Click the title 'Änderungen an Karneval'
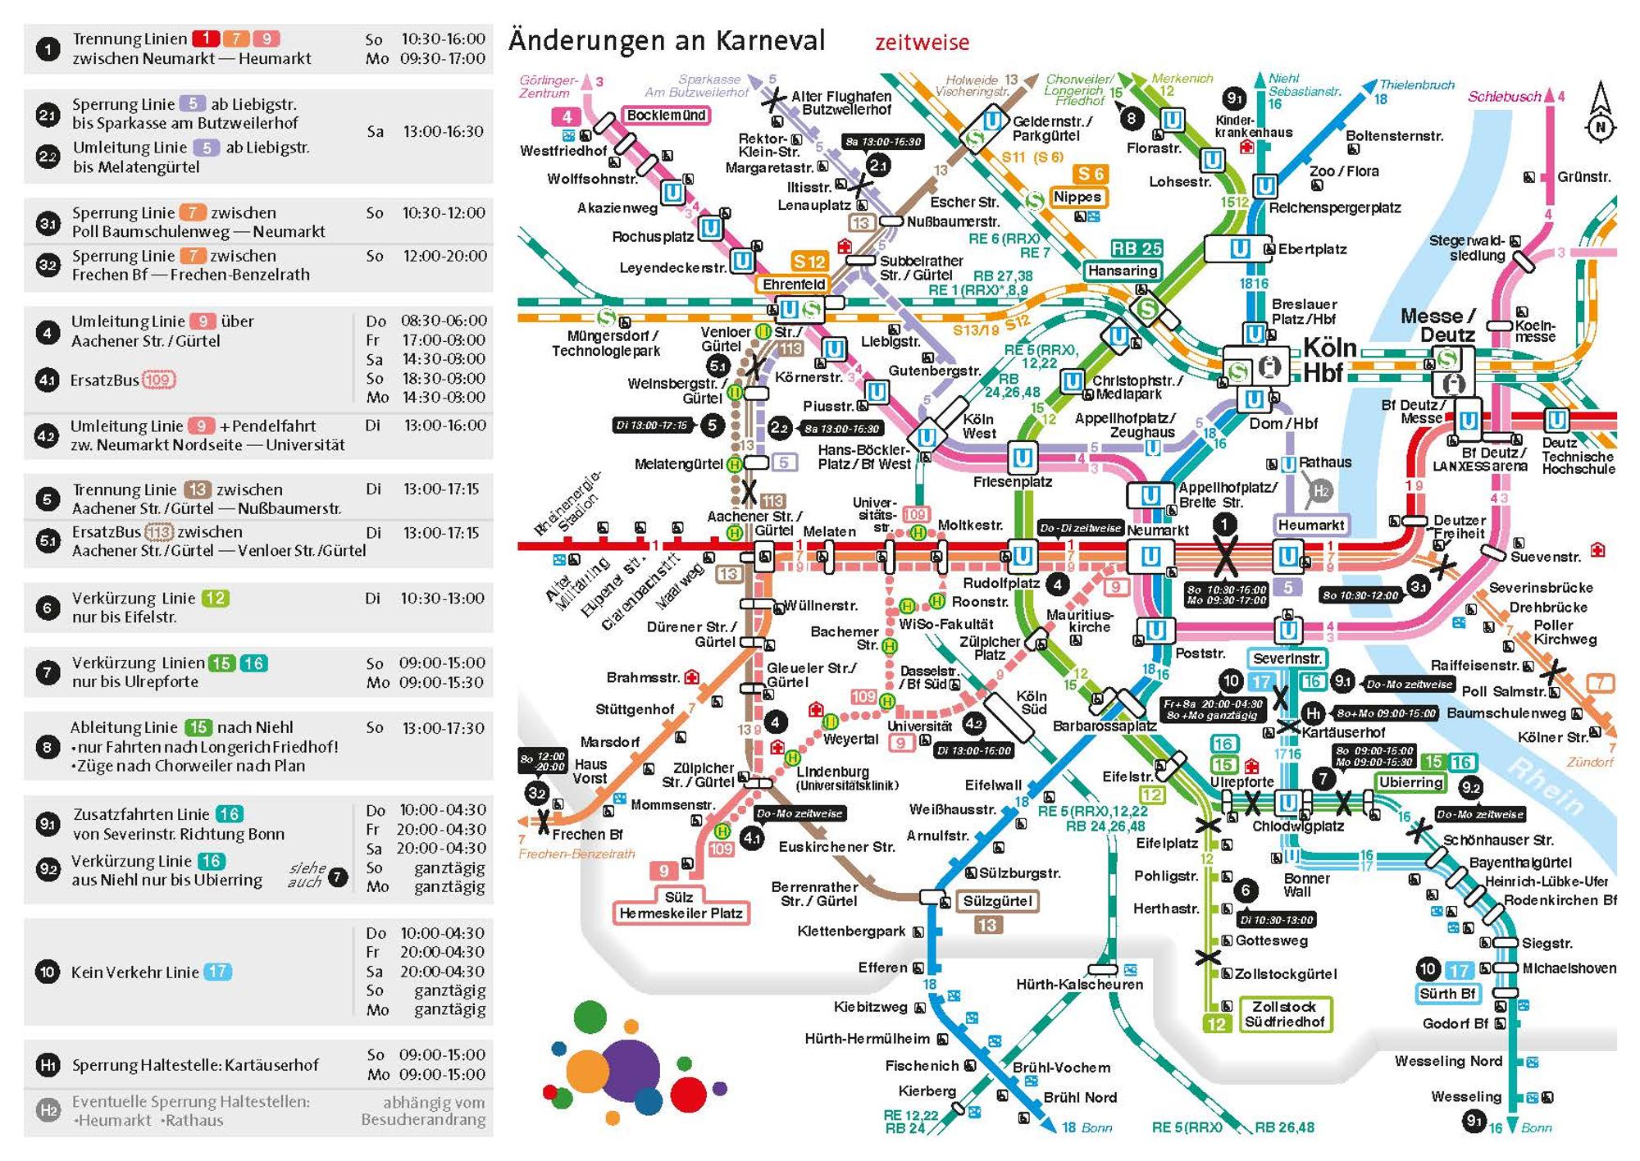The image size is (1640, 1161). (x=667, y=40)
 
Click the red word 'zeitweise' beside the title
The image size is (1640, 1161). (x=922, y=43)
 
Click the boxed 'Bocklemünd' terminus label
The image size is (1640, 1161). (x=666, y=116)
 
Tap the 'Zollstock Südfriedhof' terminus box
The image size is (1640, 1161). (x=1284, y=1014)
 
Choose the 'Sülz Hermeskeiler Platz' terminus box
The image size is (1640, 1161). (x=681, y=905)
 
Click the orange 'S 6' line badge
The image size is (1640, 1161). (x=1091, y=174)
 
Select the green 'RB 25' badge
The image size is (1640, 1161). (x=1137, y=248)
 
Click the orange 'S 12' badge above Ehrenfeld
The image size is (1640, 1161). (x=809, y=262)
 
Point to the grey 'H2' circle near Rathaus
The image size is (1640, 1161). (x=1320, y=491)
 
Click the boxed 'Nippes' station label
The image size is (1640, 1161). (x=1077, y=197)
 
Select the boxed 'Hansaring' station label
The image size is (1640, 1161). (x=1123, y=271)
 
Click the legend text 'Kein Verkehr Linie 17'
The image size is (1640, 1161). (x=151, y=972)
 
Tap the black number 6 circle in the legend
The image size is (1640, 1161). (x=48, y=608)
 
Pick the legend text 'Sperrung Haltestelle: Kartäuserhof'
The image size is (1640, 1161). (x=195, y=1065)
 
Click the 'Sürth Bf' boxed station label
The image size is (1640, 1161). (x=1448, y=994)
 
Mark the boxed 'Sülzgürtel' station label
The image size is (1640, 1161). (x=997, y=901)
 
